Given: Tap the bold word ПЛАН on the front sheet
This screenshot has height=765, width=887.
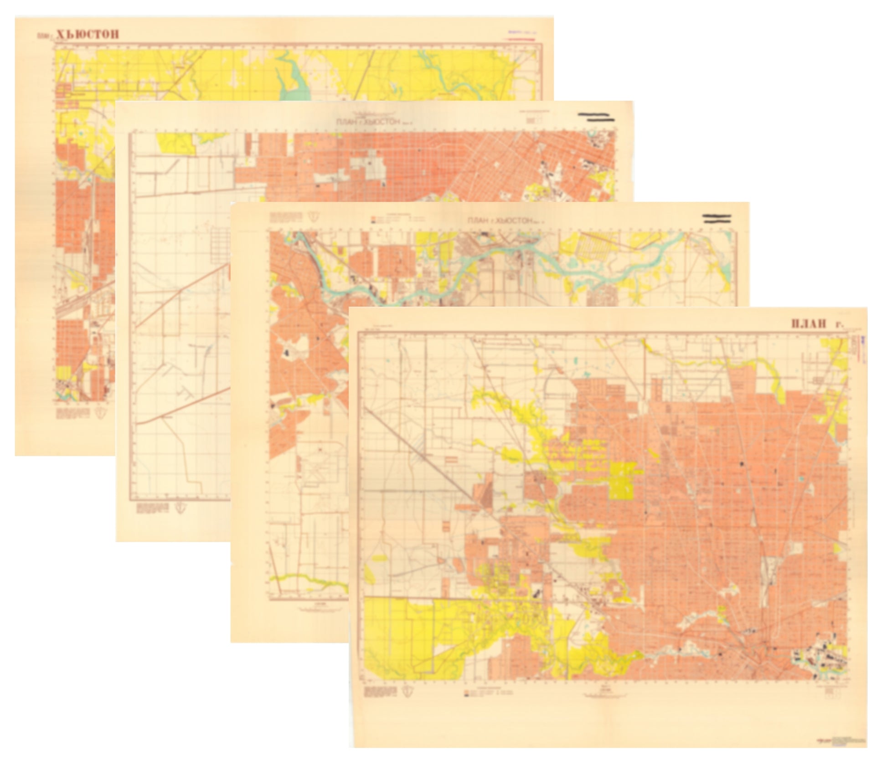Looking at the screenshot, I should pos(809,324).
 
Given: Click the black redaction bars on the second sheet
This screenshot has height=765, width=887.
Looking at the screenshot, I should pos(596,118).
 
